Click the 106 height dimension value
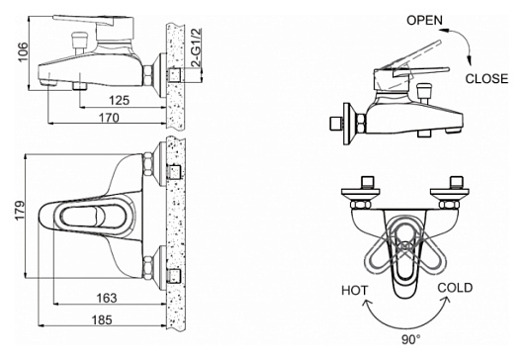click(x=23, y=51)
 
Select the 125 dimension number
click(x=120, y=100)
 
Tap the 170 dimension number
click(x=109, y=118)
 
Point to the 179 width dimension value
click(x=20, y=211)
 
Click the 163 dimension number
click(x=107, y=298)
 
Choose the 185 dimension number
click(x=102, y=319)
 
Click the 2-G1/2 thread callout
click(x=197, y=47)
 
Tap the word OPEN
click(x=424, y=21)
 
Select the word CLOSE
click(x=486, y=78)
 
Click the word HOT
click(x=355, y=291)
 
